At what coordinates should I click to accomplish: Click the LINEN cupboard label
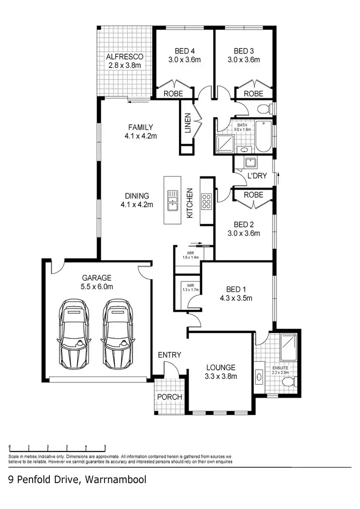tap(188, 124)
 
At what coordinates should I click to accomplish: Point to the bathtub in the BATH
tap(263, 137)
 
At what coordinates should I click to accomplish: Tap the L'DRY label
tap(257, 176)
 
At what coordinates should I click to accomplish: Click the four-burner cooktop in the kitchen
tap(207, 201)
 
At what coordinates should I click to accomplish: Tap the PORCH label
tap(170, 397)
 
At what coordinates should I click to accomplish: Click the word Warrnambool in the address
tap(116, 479)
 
